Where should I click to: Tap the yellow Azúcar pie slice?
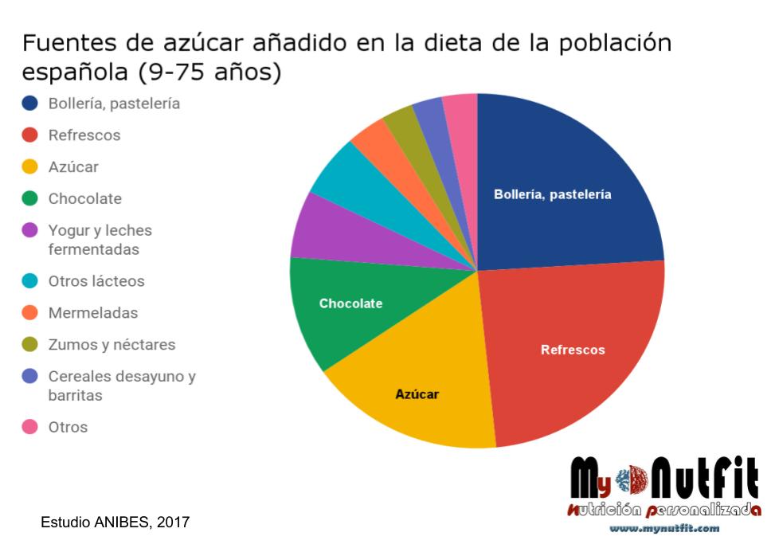pyautogui.click(x=414, y=390)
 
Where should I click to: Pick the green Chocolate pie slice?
pyautogui.click(x=342, y=307)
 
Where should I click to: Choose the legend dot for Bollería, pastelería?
pyautogui.click(x=30, y=104)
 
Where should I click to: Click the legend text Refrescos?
pyautogui.click(x=84, y=135)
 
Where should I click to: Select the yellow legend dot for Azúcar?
pyautogui.click(x=30, y=167)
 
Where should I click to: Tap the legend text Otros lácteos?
pyautogui.click(x=96, y=281)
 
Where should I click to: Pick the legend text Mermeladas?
pyautogui.click(x=92, y=313)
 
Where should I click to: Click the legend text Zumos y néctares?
pyautogui.click(x=112, y=345)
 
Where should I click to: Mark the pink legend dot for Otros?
pyautogui.click(x=30, y=427)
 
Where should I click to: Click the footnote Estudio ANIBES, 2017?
pyautogui.click(x=115, y=523)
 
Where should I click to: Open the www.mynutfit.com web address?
pyautogui.click(x=664, y=528)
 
